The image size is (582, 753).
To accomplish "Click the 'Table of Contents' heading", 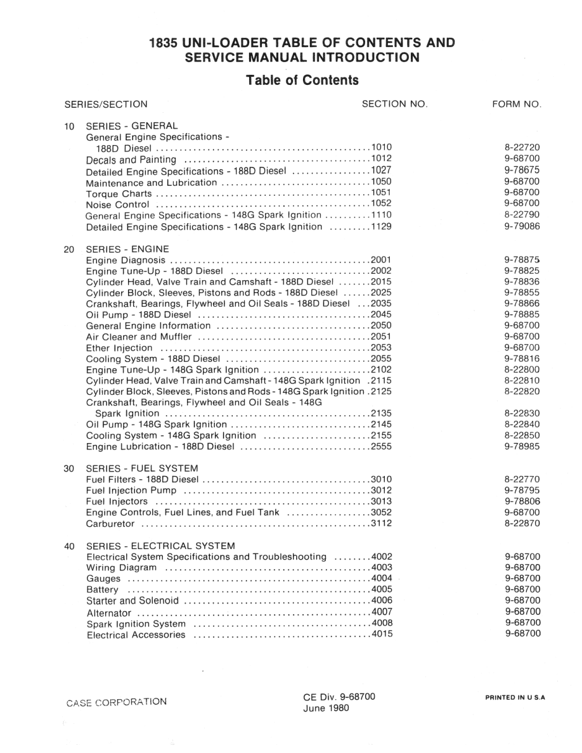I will pyautogui.click(x=302, y=80).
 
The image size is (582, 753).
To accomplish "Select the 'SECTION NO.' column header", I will pyautogui.click(x=394, y=103).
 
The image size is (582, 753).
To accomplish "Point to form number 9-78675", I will pyautogui.click(x=522, y=171).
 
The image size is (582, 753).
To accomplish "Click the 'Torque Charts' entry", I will pyautogui.click(x=119, y=193).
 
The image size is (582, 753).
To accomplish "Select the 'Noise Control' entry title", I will pyautogui.click(x=117, y=205).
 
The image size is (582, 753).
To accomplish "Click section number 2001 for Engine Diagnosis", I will pyautogui.click(x=382, y=260).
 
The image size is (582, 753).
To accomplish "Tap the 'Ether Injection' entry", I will pyautogui.click(x=119, y=348).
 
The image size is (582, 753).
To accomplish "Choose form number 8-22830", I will pyautogui.click(x=522, y=414).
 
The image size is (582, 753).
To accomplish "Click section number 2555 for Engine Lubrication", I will pyautogui.click(x=382, y=447).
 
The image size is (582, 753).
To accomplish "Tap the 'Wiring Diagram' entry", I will pyautogui.click(x=121, y=568).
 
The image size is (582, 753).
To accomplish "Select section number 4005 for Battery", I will pyautogui.click(x=382, y=589).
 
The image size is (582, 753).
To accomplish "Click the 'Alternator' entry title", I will pyautogui.click(x=108, y=612).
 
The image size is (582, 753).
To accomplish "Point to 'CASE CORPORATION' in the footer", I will pyautogui.click(x=117, y=702).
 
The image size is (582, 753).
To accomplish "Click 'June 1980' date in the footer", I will pyautogui.click(x=325, y=708).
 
